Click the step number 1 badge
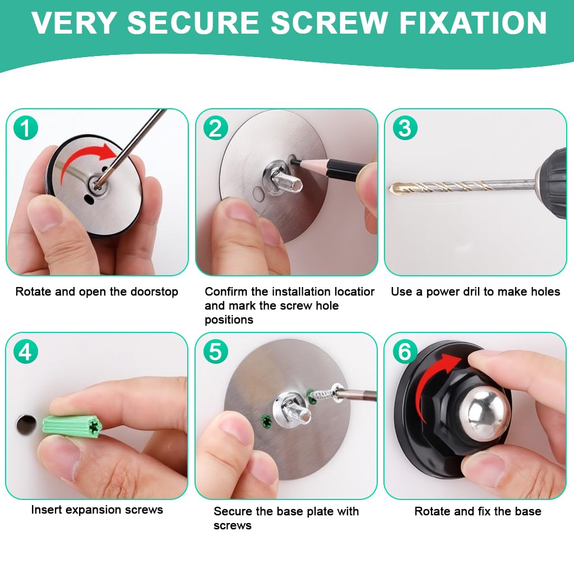(25, 128)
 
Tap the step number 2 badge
(215, 128)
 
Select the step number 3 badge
(404, 128)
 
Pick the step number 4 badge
(25, 351)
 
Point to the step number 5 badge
(215, 351)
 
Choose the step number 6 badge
(404, 351)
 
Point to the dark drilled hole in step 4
(25, 424)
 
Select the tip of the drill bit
(392, 189)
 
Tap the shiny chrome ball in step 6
(485, 412)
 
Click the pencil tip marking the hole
(293, 160)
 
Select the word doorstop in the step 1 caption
(152, 292)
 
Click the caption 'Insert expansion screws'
(97, 510)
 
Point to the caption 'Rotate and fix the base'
(478, 511)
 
